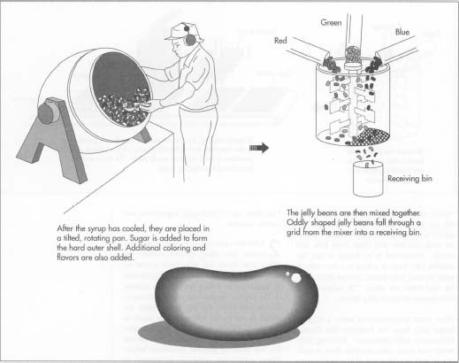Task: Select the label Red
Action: (280, 40)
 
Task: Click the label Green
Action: (331, 20)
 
